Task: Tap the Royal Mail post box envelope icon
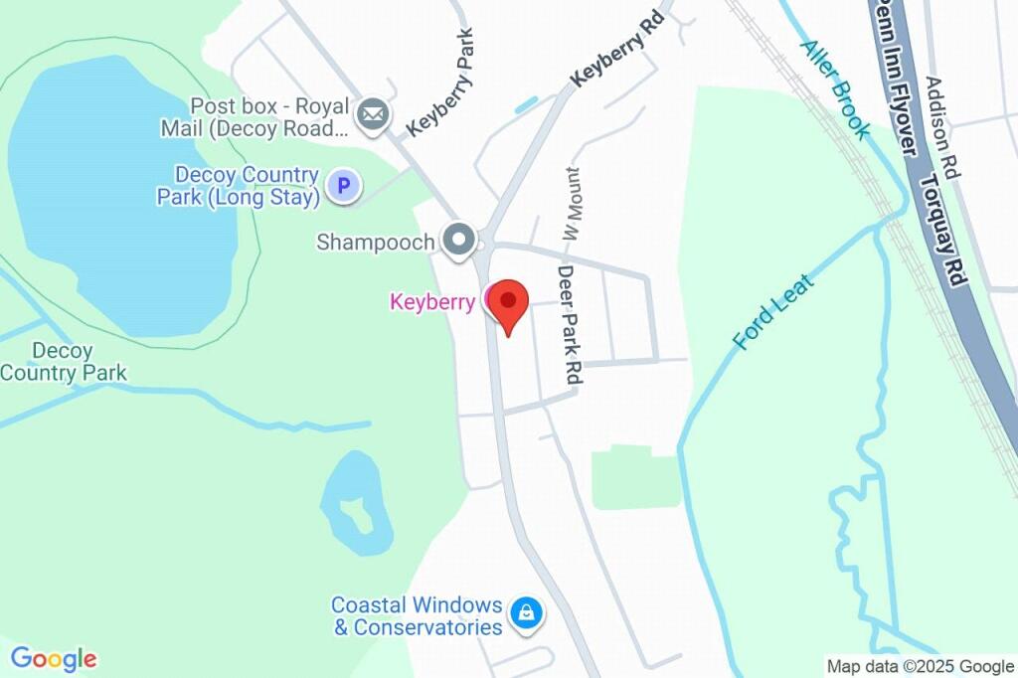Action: tap(373, 114)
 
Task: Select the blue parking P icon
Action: tap(344, 185)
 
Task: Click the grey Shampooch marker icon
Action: tap(459, 240)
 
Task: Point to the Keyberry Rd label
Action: tap(617, 50)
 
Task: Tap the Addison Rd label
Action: tap(941, 127)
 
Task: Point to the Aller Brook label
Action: tap(835, 89)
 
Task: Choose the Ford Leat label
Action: tap(773, 312)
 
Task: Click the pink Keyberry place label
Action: tap(432, 302)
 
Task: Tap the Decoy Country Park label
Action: tap(63, 362)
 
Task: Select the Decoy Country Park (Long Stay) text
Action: tap(239, 186)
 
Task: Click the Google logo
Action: tap(54, 658)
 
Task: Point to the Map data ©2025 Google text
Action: tap(920, 666)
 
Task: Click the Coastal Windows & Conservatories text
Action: tap(417, 616)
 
